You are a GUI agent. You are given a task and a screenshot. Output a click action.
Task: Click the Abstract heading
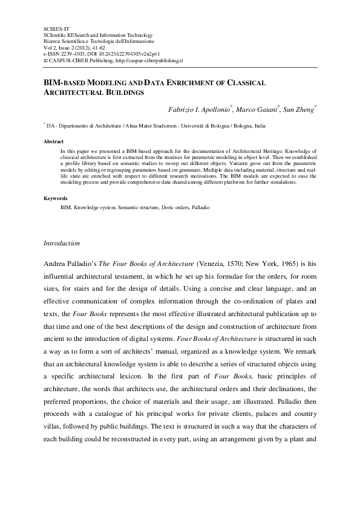pos(54,141)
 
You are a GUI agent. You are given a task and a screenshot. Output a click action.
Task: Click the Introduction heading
pos(62,243)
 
